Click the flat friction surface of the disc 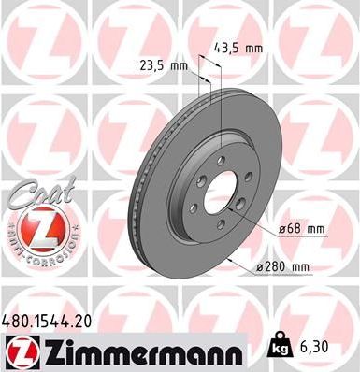pyautogui.click(x=271, y=159)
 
